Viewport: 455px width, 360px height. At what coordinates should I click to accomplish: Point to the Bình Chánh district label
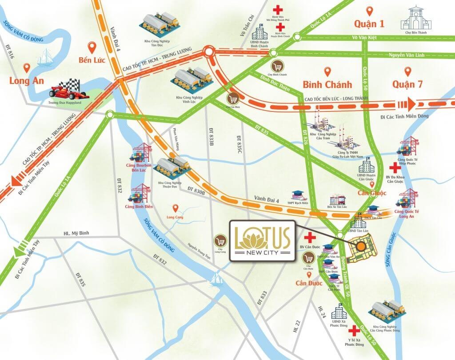click(x=327, y=84)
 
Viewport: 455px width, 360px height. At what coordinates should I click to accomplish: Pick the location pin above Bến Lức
click(x=92, y=46)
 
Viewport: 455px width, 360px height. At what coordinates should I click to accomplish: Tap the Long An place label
click(x=27, y=81)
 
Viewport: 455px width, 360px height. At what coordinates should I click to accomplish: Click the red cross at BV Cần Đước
click(x=307, y=237)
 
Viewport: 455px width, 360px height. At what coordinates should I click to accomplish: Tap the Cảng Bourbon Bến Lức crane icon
click(x=139, y=153)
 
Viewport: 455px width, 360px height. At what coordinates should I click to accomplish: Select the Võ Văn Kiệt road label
click(x=364, y=38)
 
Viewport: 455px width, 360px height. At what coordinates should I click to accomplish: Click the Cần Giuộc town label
click(x=372, y=193)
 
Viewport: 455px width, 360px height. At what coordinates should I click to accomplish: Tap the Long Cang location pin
click(x=176, y=208)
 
